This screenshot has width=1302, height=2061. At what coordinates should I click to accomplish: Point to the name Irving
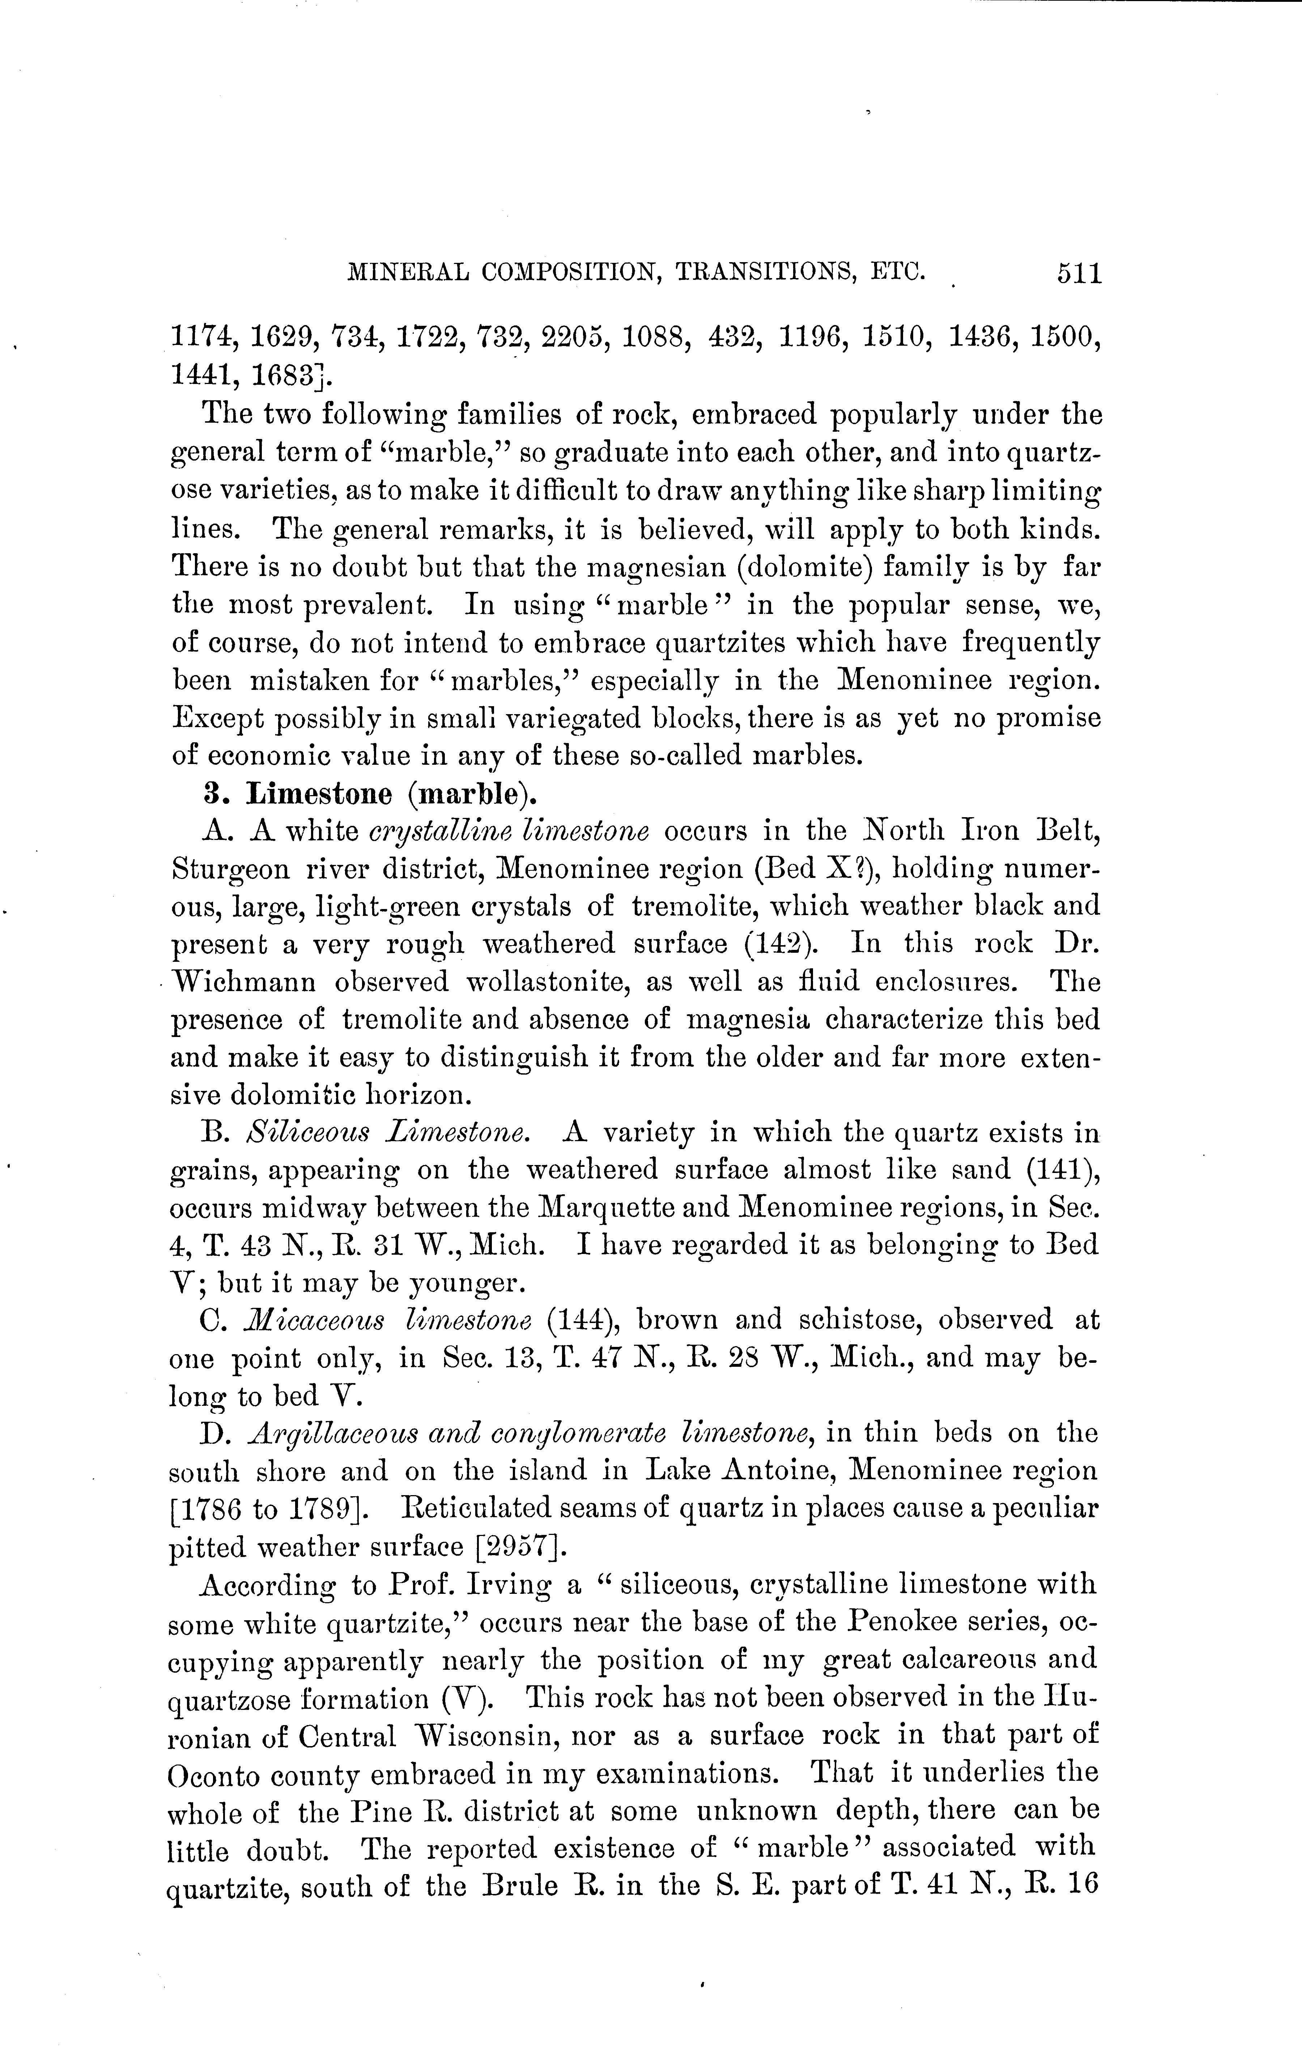[508, 1584]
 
